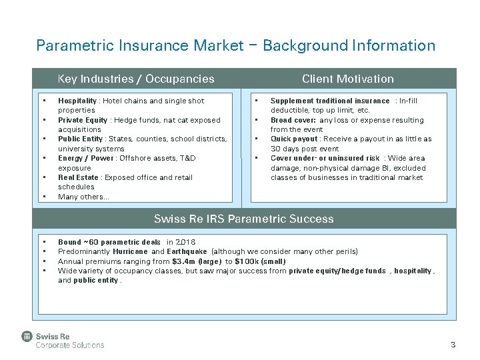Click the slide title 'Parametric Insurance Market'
[x=140, y=45]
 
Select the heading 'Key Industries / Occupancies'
[x=136, y=79]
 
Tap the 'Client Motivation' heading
[x=347, y=79]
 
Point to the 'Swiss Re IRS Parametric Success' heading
[x=243, y=219]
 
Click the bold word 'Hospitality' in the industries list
[x=77, y=101]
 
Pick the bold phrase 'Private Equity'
[x=83, y=120]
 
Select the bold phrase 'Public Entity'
[x=81, y=139]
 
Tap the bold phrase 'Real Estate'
[x=78, y=178]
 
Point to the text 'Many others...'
[x=83, y=197]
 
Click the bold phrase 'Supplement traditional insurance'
[x=329, y=101]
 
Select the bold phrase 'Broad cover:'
[x=293, y=120]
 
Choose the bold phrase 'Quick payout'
[x=294, y=139]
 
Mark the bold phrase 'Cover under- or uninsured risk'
[x=325, y=159]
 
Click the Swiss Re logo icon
[x=27, y=337]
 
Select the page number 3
[x=453, y=345]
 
